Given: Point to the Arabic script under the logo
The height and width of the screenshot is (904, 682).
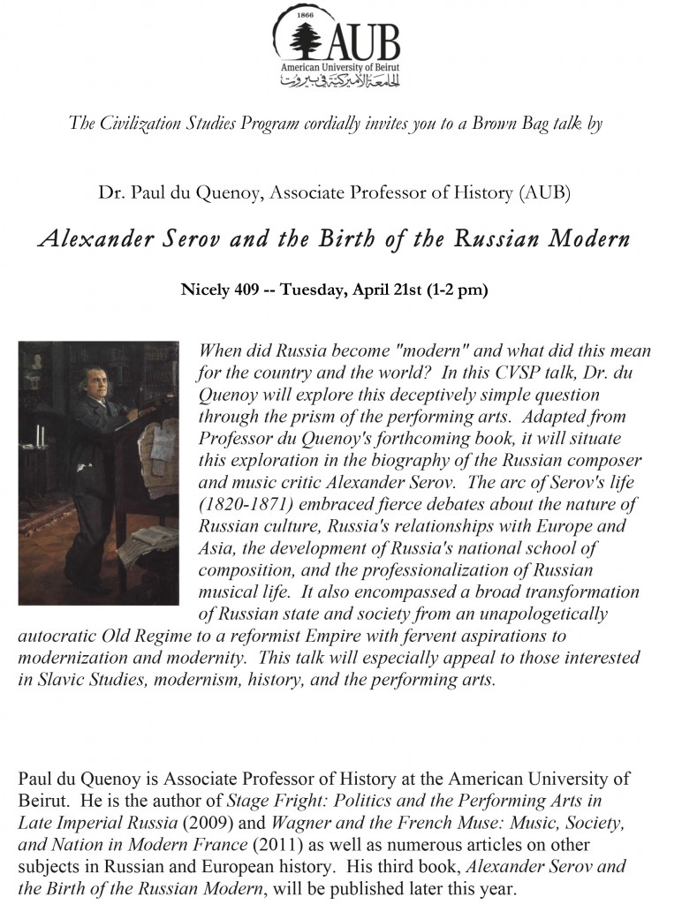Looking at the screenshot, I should pos(339,82).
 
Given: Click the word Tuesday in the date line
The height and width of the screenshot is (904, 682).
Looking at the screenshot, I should pos(313,290).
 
